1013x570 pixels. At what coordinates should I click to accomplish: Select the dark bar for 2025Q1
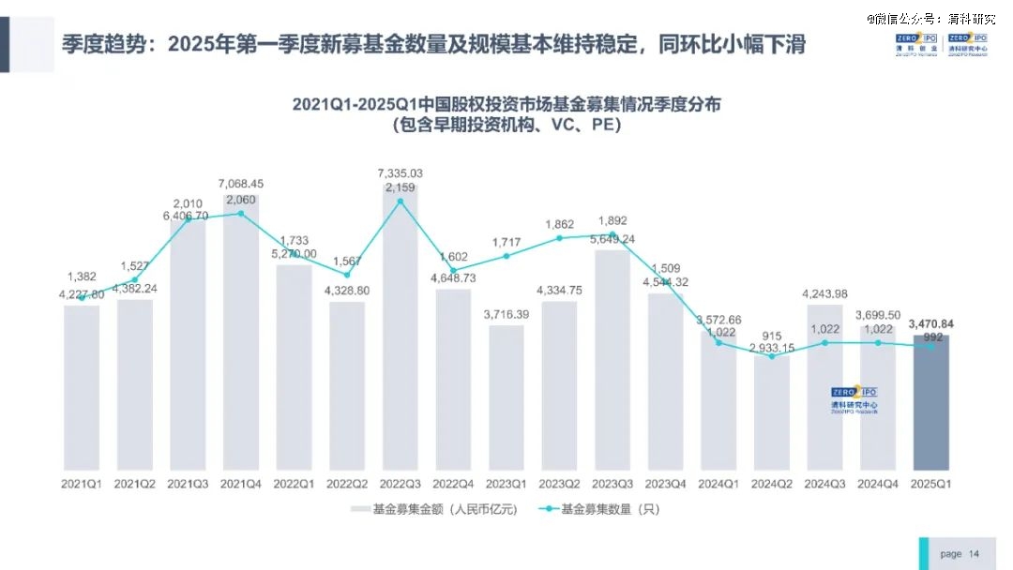pyautogui.click(x=931, y=403)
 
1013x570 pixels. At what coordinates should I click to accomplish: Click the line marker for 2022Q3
pyautogui.click(x=401, y=201)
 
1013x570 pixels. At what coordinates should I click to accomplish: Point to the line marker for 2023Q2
pyautogui.click(x=560, y=238)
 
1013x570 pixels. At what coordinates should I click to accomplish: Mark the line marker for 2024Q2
pyautogui.click(x=772, y=356)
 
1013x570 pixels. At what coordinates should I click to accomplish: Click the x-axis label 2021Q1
pyautogui.click(x=82, y=484)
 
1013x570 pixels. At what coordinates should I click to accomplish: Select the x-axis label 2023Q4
pyautogui.click(x=666, y=484)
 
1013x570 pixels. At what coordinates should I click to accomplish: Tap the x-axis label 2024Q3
pyautogui.click(x=825, y=484)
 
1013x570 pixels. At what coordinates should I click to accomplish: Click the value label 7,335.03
pyautogui.click(x=401, y=173)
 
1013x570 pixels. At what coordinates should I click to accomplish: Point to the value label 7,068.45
pyautogui.click(x=241, y=184)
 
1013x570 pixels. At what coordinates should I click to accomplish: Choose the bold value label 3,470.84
pyautogui.click(x=931, y=324)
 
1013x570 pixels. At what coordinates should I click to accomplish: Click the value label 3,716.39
pyautogui.click(x=506, y=314)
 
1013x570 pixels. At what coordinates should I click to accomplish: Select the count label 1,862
pyautogui.click(x=560, y=224)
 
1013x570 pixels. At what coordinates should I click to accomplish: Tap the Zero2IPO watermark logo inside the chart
pyautogui.click(x=854, y=399)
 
